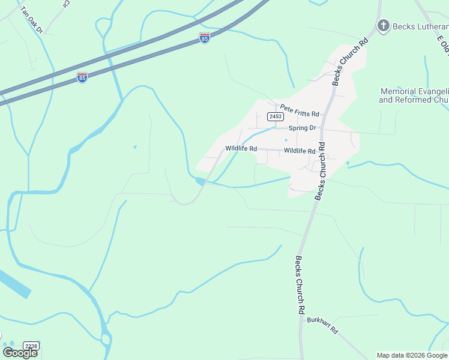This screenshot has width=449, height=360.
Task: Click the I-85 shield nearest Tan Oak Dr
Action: [x=82, y=77]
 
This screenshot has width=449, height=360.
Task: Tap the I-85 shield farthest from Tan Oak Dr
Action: [x=205, y=38]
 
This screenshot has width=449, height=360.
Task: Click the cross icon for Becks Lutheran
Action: [x=383, y=25]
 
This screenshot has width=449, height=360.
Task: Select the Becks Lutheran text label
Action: [x=421, y=26]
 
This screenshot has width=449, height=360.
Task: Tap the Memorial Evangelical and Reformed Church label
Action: [x=414, y=96]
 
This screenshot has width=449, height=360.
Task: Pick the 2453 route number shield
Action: [x=276, y=117]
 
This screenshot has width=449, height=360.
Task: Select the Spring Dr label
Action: [x=302, y=128]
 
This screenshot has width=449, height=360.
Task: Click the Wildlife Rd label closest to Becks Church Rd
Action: [x=300, y=151]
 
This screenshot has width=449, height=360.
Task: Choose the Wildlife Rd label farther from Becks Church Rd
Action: [x=241, y=148]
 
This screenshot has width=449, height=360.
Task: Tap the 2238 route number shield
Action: [x=31, y=346]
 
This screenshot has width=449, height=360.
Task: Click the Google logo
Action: [x=20, y=352]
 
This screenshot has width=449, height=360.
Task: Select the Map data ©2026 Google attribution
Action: [x=412, y=355]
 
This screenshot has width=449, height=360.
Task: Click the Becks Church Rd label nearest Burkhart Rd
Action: [x=298, y=286]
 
